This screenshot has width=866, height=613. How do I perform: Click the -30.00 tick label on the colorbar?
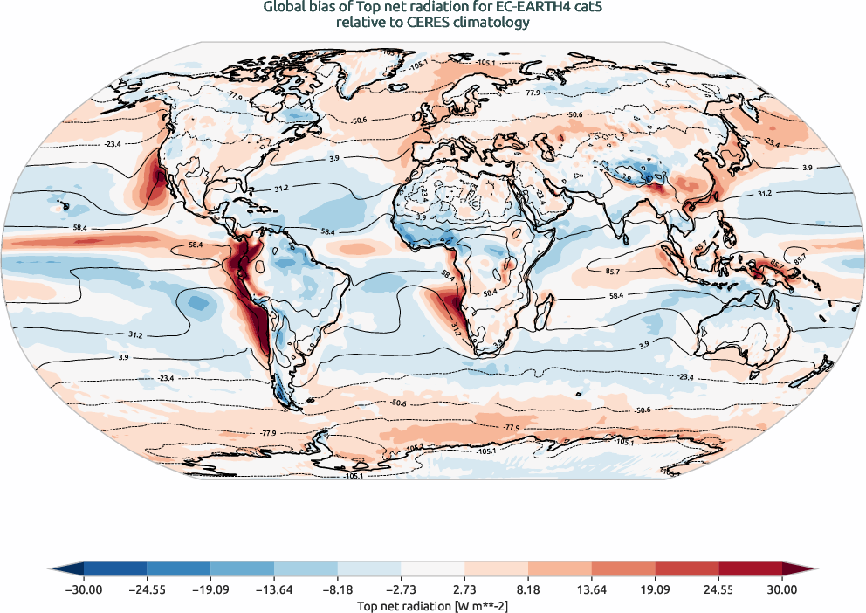point(84,589)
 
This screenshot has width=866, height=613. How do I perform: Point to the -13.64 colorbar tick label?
point(274,589)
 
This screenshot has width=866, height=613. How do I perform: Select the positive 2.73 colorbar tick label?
point(464,589)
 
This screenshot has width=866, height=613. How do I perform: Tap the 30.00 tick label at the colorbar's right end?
point(782,589)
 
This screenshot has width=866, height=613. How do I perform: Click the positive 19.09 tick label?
point(655,589)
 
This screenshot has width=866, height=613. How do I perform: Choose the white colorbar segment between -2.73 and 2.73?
point(432,568)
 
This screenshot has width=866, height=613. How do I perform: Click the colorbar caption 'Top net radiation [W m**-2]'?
point(432,605)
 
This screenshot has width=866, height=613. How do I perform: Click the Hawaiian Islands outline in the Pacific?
point(63,207)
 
